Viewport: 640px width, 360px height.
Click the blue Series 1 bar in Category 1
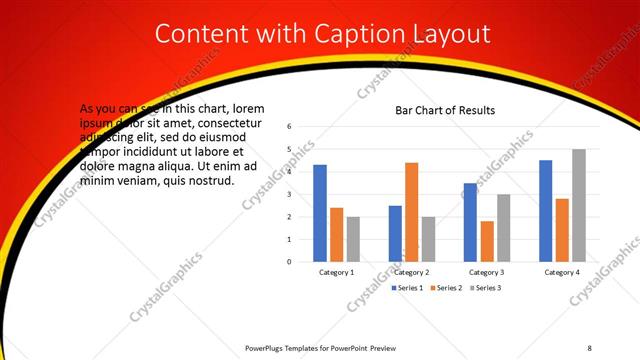pyautogui.click(x=320, y=213)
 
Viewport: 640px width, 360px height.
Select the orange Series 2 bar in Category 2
pyautogui.click(x=411, y=212)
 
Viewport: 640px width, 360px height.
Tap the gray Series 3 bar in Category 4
pyautogui.click(x=578, y=205)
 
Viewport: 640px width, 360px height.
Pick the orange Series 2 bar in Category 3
pyautogui.click(x=486, y=241)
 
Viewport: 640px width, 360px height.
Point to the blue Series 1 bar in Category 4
pyautogui.click(x=545, y=211)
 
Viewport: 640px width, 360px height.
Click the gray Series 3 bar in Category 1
pyautogui.click(x=353, y=239)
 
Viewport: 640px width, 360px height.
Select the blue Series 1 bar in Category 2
pyautogui.click(x=395, y=233)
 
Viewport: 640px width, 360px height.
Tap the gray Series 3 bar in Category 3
pyautogui.click(x=503, y=228)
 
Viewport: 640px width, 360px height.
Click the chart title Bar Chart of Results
pyautogui.click(x=446, y=110)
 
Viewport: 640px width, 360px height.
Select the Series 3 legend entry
pyautogui.click(x=485, y=288)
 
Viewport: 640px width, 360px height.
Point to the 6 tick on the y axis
pyautogui.click(x=288, y=127)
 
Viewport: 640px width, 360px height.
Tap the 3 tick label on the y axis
pyautogui.click(x=288, y=194)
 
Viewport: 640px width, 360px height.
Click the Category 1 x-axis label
pyautogui.click(x=336, y=272)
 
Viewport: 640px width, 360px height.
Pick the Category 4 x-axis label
pyautogui.click(x=561, y=272)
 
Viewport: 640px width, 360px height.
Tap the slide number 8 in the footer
pyautogui.click(x=589, y=348)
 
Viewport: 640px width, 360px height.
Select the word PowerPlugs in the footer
pyautogui.click(x=268, y=348)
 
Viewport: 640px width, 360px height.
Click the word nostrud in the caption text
pyautogui.click(x=210, y=181)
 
